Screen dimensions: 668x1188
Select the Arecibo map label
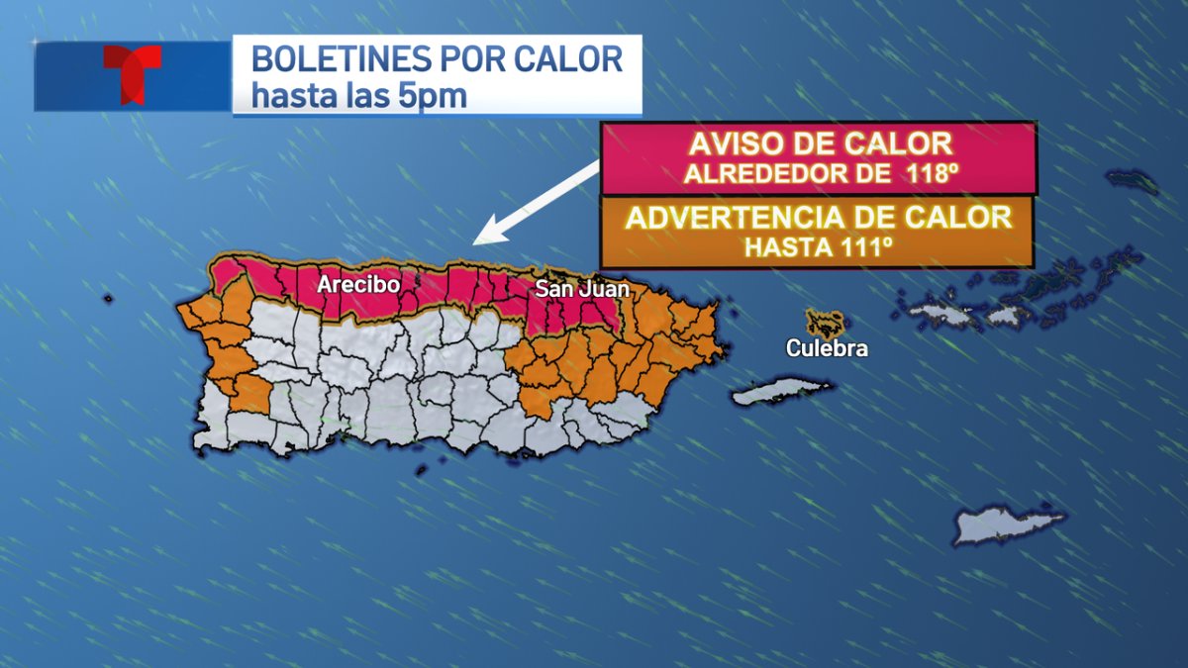358,285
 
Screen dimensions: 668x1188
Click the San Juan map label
582,289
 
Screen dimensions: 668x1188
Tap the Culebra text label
828,348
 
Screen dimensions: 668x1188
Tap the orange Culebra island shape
825,323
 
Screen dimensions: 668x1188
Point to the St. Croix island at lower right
1008,525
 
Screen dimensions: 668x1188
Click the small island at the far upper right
1132,180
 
